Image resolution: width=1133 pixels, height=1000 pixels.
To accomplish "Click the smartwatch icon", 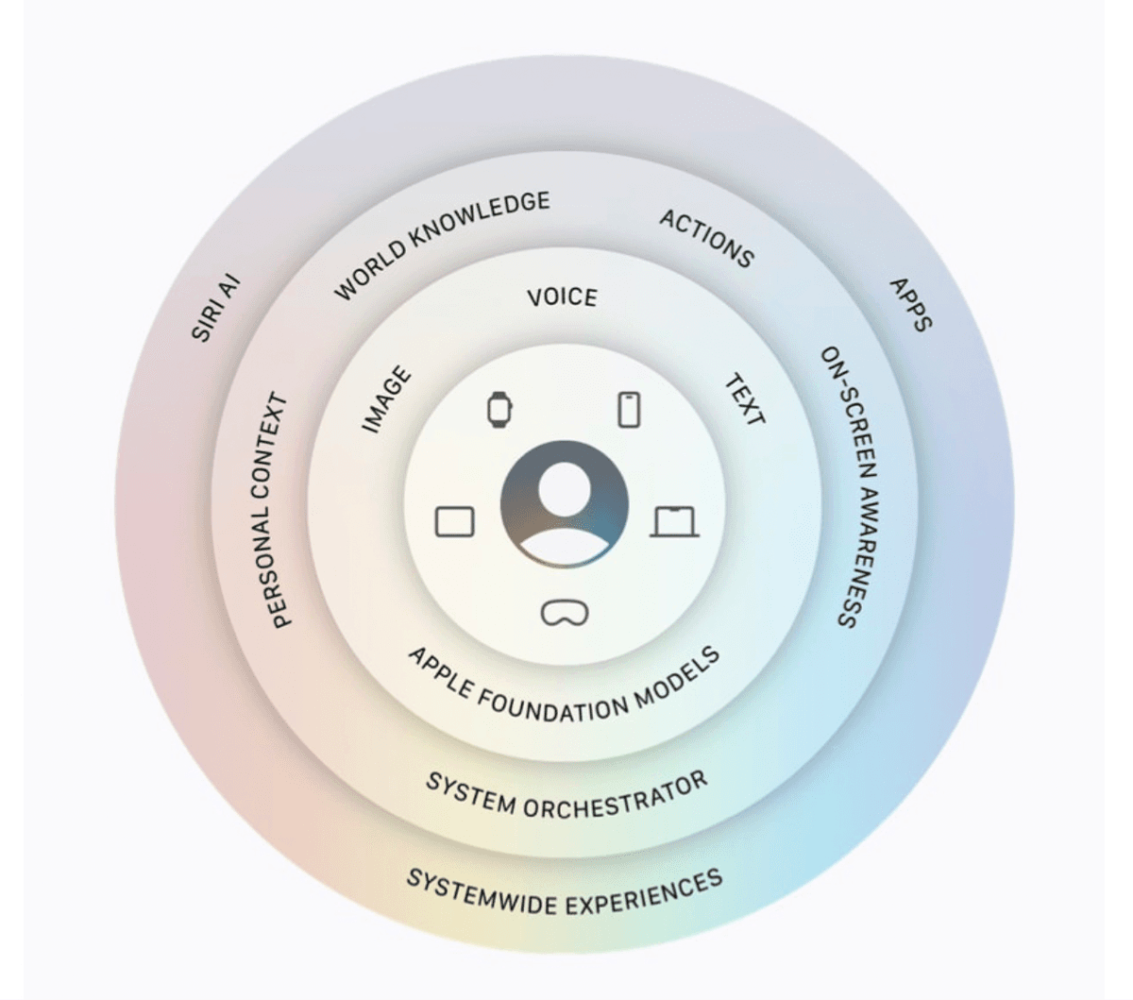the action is coord(499,410).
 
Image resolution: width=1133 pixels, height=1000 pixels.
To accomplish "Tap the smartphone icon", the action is coord(629,410).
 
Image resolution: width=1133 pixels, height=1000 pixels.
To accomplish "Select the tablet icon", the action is coord(455,521).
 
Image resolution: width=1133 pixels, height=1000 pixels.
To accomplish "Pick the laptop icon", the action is coord(674,521).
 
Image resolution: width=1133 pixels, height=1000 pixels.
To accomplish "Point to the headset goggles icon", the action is coord(565,613).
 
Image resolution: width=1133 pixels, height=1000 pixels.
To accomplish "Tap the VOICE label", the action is coord(563,297).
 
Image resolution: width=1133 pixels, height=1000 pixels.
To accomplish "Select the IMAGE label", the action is coord(387,398).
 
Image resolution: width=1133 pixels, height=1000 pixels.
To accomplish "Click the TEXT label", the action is coord(744,400).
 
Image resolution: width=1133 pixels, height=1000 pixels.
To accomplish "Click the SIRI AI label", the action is coord(216,308).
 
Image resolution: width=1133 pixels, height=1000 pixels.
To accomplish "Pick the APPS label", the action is coord(910,305).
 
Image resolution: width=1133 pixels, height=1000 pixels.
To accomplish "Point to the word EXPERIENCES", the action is coord(644,893).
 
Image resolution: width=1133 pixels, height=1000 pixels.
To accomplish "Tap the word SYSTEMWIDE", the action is coord(483,894).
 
